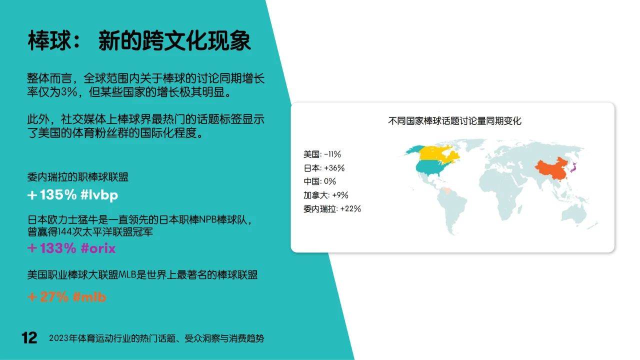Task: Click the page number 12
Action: coord(29,338)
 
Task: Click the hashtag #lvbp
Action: coord(99,195)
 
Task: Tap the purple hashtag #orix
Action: coord(98,248)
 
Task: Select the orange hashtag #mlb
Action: coord(89,297)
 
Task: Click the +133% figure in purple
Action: coord(51,248)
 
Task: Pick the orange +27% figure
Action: coord(48,297)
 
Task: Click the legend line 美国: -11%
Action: coord(322,154)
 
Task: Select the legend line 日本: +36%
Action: coord(324,168)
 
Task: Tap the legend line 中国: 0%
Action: coord(319,181)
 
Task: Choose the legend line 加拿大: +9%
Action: coord(325,195)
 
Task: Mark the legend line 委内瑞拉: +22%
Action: coord(332,209)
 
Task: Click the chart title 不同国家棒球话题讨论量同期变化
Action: coord(454,121)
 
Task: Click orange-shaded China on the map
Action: coord(550,170)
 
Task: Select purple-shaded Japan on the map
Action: coord(573,168)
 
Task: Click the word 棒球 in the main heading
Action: coord(49,41)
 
